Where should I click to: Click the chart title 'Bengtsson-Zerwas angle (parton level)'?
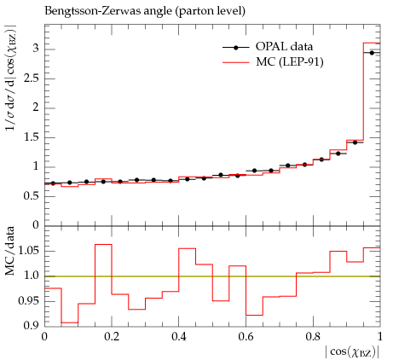[x=145, y=11]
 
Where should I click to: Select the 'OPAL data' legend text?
[x=284, y=46]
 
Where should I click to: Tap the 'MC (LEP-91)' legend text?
[x=290, y=61]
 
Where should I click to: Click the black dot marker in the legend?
[x=235, y=48]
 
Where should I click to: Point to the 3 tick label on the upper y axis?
[x=36, y=49]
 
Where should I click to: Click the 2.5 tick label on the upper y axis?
[x=32, y=78]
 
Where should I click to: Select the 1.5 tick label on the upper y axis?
[x=32, y=137]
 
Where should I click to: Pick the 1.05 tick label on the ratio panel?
[x=29, y=251]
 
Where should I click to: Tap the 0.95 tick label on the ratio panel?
[x=29, y=300]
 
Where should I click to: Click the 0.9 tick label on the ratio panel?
[x=32, y=325]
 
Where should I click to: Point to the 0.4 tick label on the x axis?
[x=179, y=337]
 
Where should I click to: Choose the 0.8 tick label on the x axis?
[x=313, y=337]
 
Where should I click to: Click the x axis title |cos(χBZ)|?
[x=352, y=352]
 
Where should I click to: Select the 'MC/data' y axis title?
[x=9, y=251]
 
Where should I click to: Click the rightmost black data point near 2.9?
[x=372, y=53]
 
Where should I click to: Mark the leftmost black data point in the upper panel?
[x=53, y=183]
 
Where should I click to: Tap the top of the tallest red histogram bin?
[x=372, y=43]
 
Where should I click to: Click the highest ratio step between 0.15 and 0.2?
[x=103, y=244]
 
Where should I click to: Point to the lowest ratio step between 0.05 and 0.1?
[x=70, y=322]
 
